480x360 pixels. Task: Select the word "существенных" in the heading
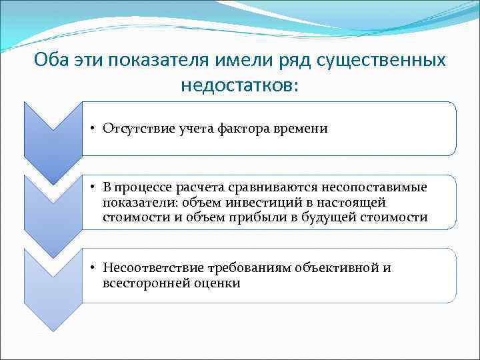click(382, 60)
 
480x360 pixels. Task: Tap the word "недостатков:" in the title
click(239, 85)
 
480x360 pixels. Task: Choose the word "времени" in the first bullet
click(303, 129)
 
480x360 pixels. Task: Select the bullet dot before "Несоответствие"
click(95, 268)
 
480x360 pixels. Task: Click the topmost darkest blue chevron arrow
click(53, 140)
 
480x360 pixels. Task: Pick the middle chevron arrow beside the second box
click(53, 213)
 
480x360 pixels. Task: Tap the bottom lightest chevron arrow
click(53, 287)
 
